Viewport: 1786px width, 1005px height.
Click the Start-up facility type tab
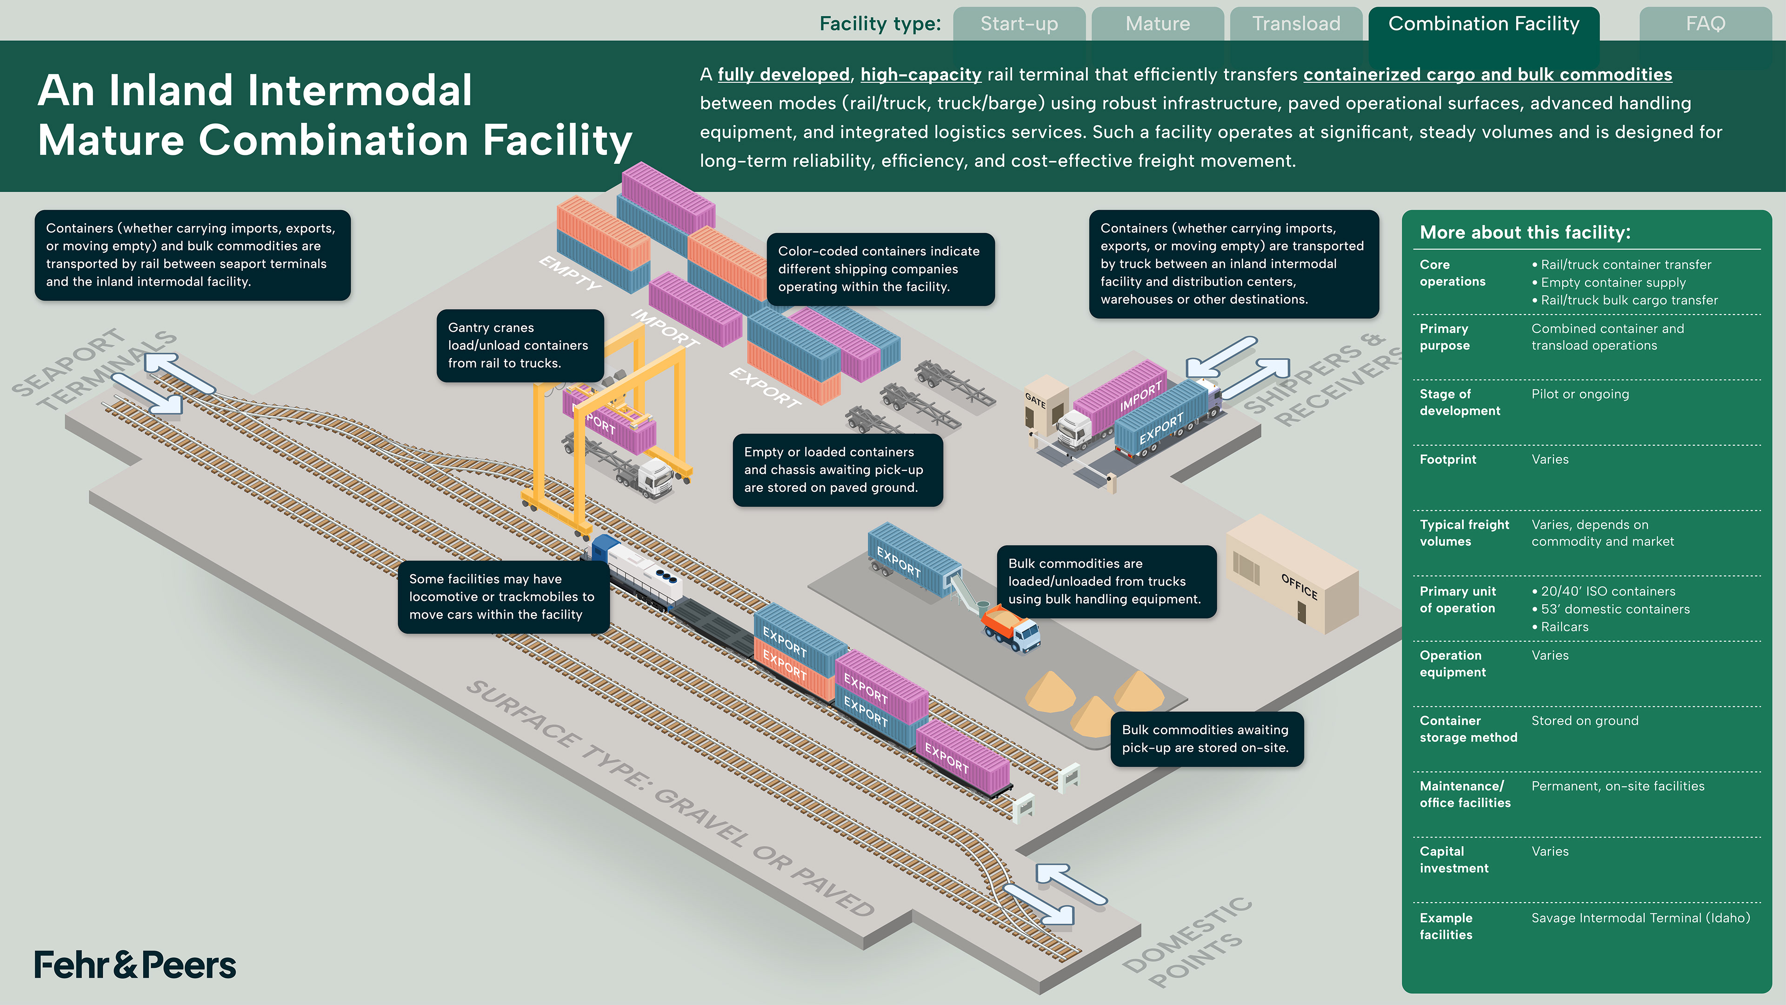[1019, 24]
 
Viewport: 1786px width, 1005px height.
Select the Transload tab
[1296, 24]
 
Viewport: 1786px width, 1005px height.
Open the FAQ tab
[1705, 24]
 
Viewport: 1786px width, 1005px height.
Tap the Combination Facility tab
[1484, 24]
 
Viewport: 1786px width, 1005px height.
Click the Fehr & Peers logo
[135, 965]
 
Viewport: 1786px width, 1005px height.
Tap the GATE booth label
[1035, 400]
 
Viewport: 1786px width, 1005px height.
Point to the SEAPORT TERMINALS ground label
[93, 371]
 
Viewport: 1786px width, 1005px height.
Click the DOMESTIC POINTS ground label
[1187, 943]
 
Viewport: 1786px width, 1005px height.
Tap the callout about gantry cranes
[520, 345]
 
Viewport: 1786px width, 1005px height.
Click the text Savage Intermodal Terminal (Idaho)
[1640, 918]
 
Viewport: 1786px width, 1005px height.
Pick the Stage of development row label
[1459, 402]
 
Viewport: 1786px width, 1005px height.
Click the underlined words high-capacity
[921, 75]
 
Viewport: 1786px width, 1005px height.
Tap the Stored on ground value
[1584, 721]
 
